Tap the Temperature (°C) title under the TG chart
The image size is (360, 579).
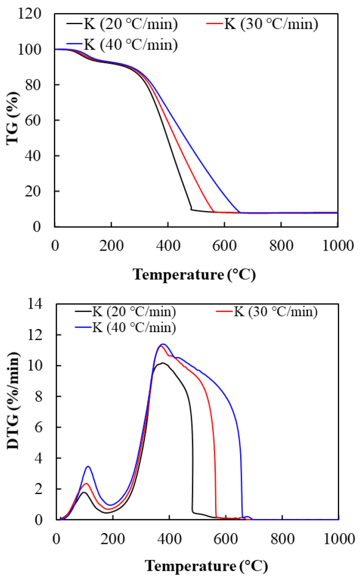[194, 274]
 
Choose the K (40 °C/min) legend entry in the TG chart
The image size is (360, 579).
[122, 45]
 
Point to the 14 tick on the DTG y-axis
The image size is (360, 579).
[43, 305]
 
